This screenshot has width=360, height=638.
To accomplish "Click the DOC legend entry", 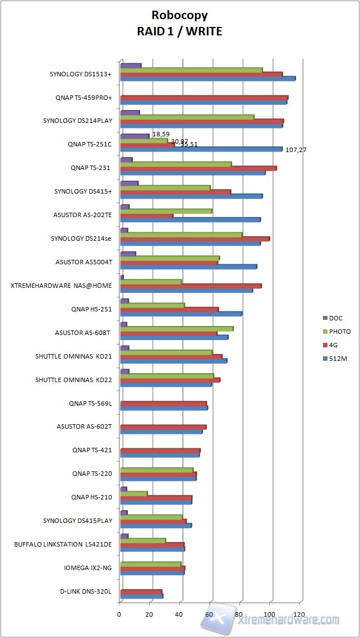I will [x=335, y=318].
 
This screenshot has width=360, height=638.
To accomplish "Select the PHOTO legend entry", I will [x=339, y=332].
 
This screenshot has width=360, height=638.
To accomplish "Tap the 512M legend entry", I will [x=338, y=359].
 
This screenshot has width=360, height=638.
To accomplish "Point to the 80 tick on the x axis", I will [x=240, y=614].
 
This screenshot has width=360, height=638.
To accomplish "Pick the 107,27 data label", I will [x=296, y=150].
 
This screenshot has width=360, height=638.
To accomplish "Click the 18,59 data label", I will [x=161, y=134].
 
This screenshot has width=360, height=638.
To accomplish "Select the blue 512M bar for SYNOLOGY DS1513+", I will [x=207, y=79].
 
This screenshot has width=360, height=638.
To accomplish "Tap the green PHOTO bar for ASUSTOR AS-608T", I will [x=177, y=328].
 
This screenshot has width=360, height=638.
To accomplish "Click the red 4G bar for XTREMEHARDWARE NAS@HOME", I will [x=191, y=286].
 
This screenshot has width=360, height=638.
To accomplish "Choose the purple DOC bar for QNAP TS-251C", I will [x=135, y=136].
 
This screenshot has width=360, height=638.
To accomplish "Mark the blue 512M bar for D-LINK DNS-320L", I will [x=141, y=596].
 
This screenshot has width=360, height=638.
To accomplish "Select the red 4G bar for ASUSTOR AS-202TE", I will [x=146, y=215].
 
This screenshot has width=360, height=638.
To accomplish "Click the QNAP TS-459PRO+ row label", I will [x=84, y=98].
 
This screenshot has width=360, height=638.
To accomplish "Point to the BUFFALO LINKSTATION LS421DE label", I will [x=63, y=544].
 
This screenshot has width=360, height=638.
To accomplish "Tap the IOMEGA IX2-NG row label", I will [x=88, y=568].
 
